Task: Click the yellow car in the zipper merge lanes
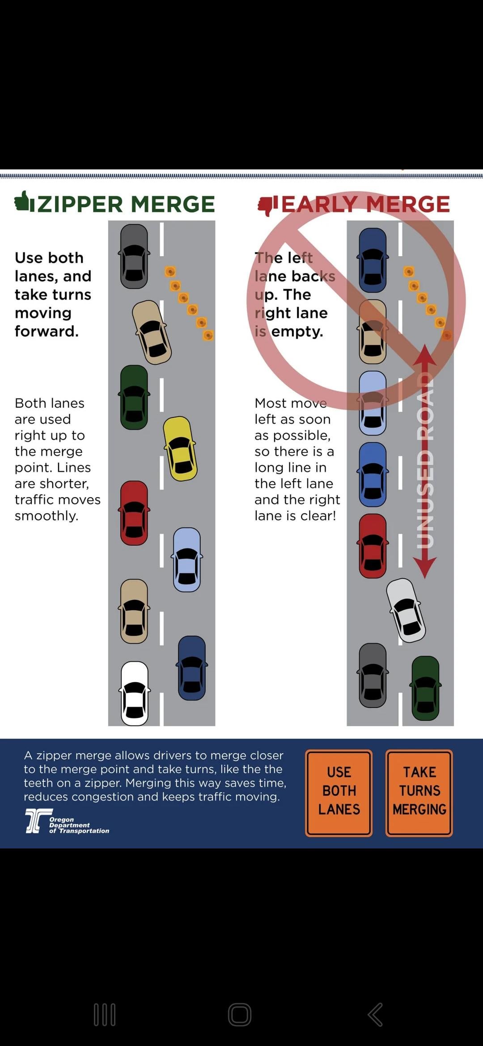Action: point(180,448)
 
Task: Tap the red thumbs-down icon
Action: point(267,205)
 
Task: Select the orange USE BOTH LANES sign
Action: point(339,793)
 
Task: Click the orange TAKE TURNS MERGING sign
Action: point(419,793)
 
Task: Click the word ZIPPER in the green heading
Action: point(80,204)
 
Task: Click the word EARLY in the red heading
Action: point(320,204)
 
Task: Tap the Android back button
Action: point(376,1014)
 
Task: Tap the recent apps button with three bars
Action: point(105,1014)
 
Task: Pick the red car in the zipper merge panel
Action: point(134,513)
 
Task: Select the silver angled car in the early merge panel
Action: point(406,610)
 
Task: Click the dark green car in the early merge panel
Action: point(425,688)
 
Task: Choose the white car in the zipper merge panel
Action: point(135,693)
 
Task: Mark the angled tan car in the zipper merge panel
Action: point(152,332)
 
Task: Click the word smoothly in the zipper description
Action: point(47,516)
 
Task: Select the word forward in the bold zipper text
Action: point(47,331)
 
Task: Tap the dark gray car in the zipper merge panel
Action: point(134,256)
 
